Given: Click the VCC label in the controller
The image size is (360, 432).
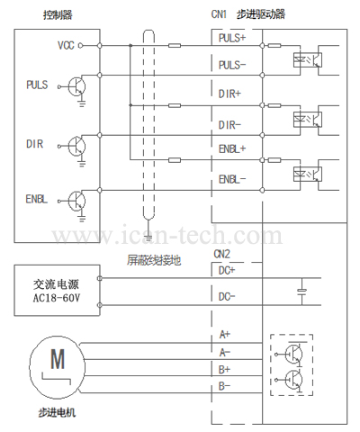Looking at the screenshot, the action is (x=66, y=45).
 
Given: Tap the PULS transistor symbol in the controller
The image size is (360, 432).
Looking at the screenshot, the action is (x=76, y=87).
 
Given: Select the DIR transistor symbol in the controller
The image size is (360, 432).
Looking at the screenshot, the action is (x=76, y=147).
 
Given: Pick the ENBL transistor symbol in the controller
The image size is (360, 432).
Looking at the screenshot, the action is (x=76, y=201).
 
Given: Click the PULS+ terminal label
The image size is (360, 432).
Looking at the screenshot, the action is (x=232, y=38).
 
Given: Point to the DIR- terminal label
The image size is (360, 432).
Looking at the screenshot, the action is (x=229, y=125).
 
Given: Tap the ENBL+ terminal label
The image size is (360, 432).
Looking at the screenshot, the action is (x=232, y=148).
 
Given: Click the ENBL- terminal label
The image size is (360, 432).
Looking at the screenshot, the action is (x=232, y=179).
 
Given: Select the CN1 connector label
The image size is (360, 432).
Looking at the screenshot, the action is (x=219, y=14).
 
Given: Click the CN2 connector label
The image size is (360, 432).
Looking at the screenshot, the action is (x=221, y=254).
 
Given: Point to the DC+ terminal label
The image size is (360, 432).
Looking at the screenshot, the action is (x=227, y=271).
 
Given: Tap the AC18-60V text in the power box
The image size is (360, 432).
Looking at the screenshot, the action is (x=57, y=298).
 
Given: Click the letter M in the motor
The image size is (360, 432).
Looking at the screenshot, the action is (x=58, y=359).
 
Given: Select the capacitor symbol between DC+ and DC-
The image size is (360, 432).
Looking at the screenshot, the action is (x=301, y=291).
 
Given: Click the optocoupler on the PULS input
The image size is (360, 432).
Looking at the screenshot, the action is (x=308, y=59).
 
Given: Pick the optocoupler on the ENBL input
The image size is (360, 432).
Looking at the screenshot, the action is (x=308, y=175).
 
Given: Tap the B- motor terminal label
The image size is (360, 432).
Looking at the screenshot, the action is (x=224, y=386).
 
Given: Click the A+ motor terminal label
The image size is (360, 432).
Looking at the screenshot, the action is (x=225, y=334).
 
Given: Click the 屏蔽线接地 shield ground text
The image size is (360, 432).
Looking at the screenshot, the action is (x=154, y=260).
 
